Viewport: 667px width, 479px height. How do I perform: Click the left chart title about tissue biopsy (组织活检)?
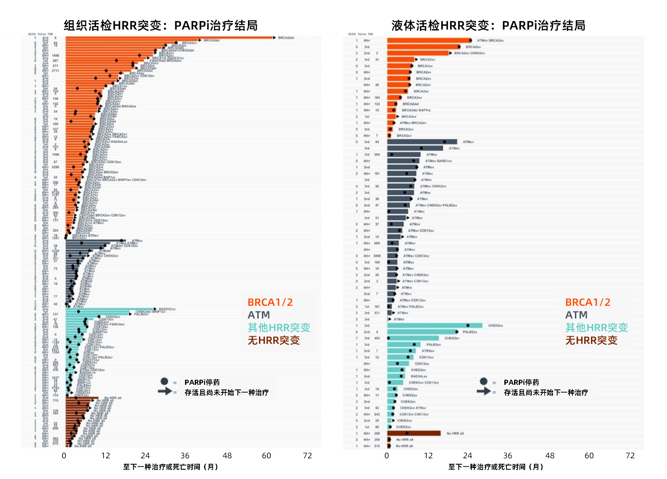[161, 26]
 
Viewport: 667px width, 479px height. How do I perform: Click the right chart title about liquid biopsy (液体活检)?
[488, 26]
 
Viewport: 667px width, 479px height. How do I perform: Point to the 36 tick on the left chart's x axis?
[185, 456]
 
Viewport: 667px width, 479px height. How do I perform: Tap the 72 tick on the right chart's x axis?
[630, 456]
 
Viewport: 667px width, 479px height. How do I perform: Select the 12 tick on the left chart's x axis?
[106, 456]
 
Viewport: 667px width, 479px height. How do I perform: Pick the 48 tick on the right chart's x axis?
[550, 456]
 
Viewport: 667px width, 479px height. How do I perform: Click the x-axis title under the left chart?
[170, 467]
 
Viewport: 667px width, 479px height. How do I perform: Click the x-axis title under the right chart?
[495, 467]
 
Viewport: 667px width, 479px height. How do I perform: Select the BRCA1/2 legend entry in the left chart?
[270, 302]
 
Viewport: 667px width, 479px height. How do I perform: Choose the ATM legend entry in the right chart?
[576, 315]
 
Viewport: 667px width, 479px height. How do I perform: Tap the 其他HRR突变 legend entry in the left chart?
[279, 328]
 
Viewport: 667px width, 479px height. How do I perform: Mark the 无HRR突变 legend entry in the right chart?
[591, 340]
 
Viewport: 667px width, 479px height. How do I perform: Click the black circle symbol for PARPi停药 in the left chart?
[165, 381]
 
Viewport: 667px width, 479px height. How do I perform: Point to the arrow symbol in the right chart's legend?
[484, 391]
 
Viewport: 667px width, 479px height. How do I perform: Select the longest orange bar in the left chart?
[169, 38]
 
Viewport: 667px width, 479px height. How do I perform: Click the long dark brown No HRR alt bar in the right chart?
[414, 433]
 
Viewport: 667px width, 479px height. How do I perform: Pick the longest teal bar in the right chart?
[435, 326]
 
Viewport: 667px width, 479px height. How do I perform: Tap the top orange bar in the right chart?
[429, 41]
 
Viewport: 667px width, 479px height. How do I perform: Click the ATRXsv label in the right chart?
[427, 351]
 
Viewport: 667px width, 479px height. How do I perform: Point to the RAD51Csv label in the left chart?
[167, 309]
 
